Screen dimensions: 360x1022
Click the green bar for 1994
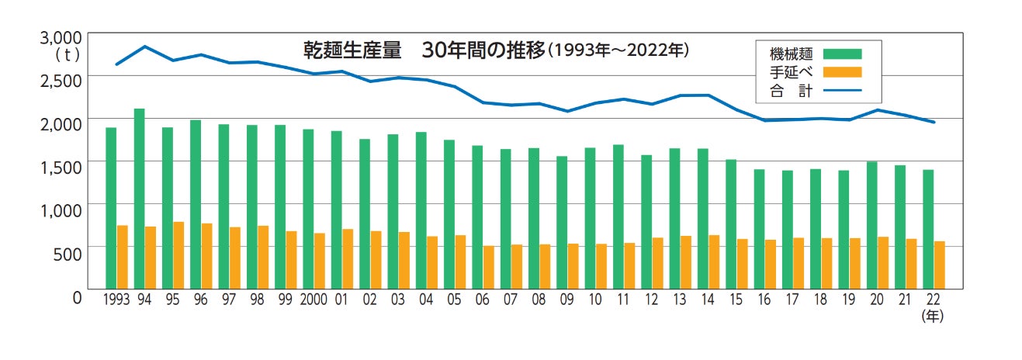(x=139, y=198)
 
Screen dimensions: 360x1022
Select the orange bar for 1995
(x=178, y=254)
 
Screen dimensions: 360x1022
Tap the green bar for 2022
(x=928, y=229)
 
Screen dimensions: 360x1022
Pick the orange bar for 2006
(x=488, y=267)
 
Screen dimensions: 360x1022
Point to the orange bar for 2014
(x=714, y=261)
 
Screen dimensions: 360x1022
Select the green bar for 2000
(x=308, y=209)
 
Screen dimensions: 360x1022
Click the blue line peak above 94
(x=144, y=47)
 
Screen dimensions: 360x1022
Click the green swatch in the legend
(x=842, y=54)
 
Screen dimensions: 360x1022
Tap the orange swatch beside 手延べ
(x=842, y=73)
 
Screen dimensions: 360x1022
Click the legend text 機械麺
(x=791, y=54)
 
